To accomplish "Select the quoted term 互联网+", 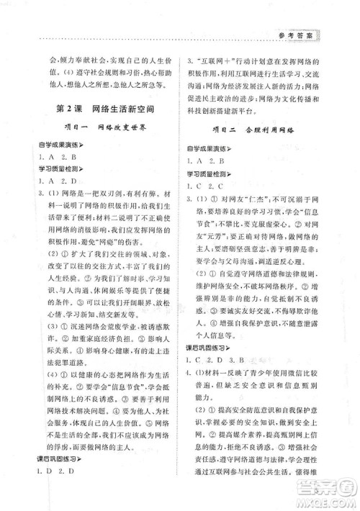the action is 214,62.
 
